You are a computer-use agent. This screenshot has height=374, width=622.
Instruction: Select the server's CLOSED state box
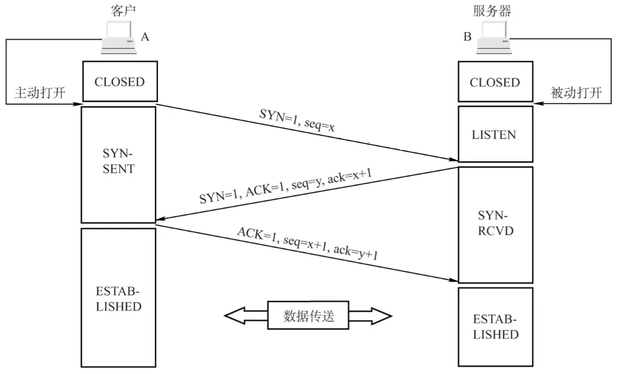(495, 82)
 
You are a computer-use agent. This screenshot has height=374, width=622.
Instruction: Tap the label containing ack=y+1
(307, 244)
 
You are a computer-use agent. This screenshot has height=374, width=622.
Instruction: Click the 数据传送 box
(308, 316)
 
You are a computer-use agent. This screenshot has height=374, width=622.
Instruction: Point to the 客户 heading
(120, 10)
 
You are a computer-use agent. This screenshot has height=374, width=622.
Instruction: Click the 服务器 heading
(492, 10)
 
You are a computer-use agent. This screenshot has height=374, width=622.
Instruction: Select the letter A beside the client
(144, 37)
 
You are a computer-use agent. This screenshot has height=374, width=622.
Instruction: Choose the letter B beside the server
(468, 37)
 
